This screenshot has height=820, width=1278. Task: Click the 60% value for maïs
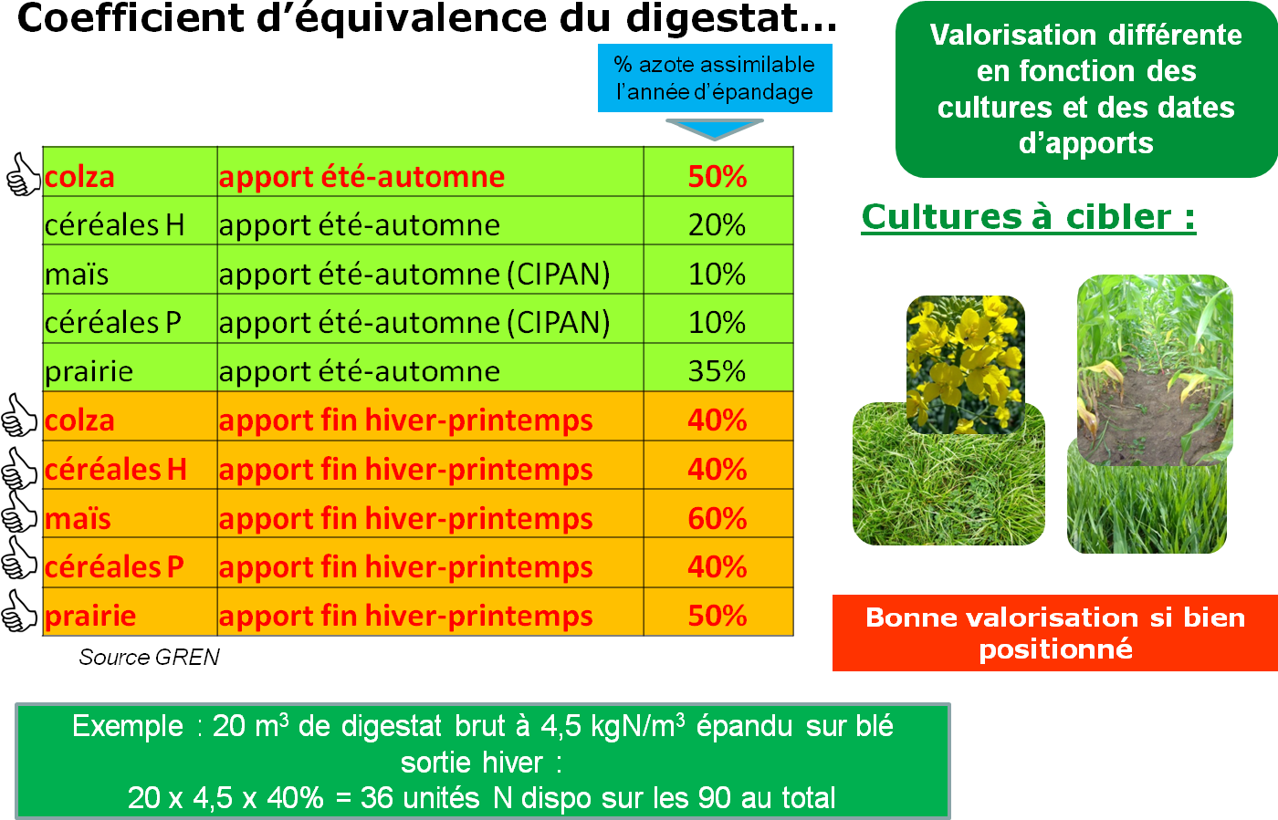pos(717,518)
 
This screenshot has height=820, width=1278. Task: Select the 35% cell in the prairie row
pos(717,371)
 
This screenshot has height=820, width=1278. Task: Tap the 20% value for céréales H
pos(717,225)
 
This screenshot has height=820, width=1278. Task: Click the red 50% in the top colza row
pos(717,176)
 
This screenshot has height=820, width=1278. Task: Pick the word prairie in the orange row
pos(90,616)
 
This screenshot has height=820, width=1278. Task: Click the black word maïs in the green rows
pos(77,275)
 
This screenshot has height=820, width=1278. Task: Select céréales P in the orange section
pos(114,566)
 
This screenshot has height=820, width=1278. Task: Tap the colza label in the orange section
pos(79,420)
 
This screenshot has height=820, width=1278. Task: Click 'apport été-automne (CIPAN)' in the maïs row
pos(414,275)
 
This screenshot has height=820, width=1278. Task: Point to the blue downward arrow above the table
pos(714,129)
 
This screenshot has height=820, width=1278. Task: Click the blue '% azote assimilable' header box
pos(714,78)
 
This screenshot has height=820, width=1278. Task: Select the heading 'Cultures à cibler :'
pos(1028,217)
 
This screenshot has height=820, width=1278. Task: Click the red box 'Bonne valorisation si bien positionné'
pos(1054,633)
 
